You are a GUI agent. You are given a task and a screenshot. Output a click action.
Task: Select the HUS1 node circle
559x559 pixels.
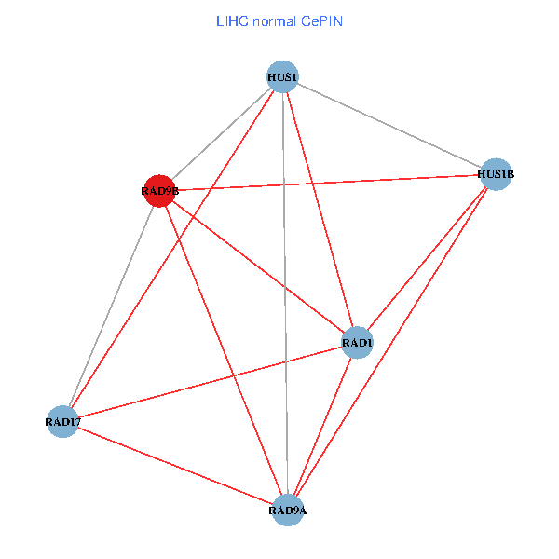(282, 76)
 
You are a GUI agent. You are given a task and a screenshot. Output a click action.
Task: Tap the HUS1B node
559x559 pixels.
(496, 173)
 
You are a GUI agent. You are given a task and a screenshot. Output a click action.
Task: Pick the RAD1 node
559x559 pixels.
(358, 343)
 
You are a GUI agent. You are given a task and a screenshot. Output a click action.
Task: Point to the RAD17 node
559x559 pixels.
(62, 422)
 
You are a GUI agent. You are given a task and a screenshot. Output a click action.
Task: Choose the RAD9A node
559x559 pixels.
(288, 510)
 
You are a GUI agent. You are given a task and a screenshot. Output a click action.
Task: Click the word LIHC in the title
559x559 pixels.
(230, 20)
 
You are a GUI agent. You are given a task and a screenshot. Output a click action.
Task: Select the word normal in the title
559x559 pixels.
(274, 20)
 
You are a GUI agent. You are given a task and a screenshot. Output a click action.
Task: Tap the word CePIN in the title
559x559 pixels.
(321, 20)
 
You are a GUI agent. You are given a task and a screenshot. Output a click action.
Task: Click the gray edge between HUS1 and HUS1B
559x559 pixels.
(389, 125)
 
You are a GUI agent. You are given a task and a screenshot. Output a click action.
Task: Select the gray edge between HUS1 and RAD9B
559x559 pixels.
(221, 133)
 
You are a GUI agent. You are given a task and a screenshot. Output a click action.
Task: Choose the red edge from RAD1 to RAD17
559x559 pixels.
(210, 382)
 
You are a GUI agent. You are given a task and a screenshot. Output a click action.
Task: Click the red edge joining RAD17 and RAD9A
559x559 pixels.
(175, 466)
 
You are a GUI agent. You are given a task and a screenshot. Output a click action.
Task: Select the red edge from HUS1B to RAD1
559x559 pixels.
(427, 258)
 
